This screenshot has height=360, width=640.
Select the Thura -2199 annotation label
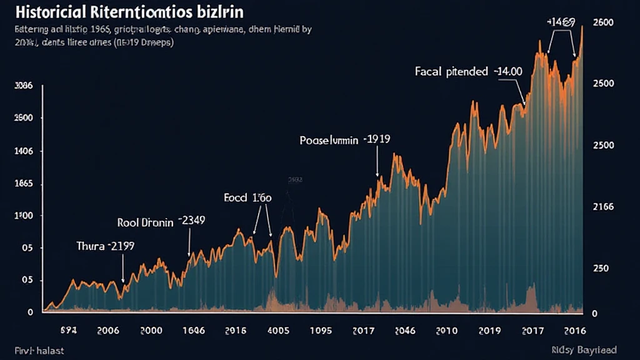tap(105, 246)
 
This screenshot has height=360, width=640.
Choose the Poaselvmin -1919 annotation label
tap(345, 140)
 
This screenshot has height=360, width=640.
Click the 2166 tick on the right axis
tap(603, 207)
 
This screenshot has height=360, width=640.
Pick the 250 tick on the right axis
tap(601, 268)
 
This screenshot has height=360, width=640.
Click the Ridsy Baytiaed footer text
tap(584, 349)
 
